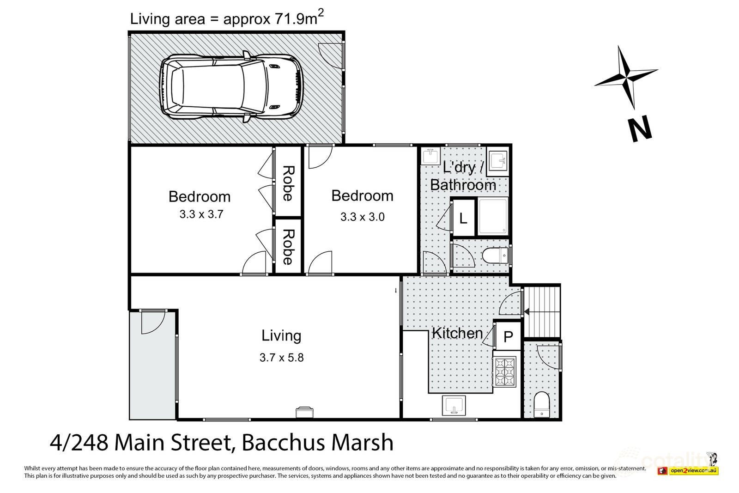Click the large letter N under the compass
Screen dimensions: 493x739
click(x=640, y=129)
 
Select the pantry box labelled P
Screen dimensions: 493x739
click(x=508, y=337)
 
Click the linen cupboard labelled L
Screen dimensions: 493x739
click(x=463, y=218)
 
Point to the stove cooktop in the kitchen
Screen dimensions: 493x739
click(x=504, y=372)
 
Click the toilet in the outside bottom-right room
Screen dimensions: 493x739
click(x=542, y=404)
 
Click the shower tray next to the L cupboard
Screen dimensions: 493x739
click(x=494, y=217)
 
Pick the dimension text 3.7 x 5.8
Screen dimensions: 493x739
click(x=281, y=357)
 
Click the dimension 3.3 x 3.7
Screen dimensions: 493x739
click(x=201, y=214)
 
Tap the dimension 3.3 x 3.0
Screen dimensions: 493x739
click(x=363, y=216)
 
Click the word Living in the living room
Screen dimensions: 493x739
click(x=281, y=335)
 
